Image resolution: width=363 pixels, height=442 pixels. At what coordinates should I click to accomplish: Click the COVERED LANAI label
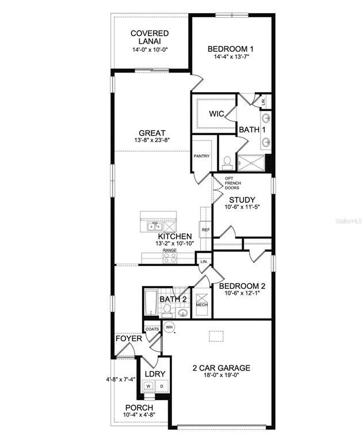[x=149, y=37]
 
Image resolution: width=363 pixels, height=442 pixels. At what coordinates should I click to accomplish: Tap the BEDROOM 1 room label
[x=231, y=49]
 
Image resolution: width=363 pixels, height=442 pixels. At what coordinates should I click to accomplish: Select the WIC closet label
[x=216, y=113]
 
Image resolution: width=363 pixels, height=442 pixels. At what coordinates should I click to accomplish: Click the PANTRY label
[x=201, y=156]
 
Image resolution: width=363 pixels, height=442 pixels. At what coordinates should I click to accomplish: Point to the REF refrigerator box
[x=205, y=230]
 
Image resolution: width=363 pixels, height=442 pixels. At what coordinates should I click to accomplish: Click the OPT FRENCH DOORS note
[x=232, y=184]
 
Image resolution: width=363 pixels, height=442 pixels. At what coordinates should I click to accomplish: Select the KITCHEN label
[x=175, y=237]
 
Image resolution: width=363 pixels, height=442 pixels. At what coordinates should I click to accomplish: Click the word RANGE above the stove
[x=169, y=251]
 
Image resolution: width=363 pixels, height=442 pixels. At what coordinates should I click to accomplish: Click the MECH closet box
[x=201, y=305]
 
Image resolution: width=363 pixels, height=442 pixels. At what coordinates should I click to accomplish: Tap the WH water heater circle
[x=169, y=327]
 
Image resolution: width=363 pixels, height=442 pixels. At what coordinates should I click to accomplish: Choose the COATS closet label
[x=152, y=329]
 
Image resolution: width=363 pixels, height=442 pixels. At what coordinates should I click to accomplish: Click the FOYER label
[x=129, y=338]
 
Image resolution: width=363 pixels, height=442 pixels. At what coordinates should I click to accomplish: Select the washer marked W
[x=148, y=386]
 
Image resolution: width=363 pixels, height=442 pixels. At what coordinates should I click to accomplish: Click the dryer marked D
[x=161, y=386]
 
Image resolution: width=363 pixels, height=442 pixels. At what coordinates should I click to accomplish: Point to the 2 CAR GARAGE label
[x=221, y=368]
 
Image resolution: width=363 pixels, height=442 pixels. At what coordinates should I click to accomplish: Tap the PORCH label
[x=139, y=407]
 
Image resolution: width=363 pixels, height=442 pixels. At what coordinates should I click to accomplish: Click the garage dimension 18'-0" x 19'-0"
[x=221, y=376]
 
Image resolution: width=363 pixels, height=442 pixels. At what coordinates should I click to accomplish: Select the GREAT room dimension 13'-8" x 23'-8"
[x=152, y=140]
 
